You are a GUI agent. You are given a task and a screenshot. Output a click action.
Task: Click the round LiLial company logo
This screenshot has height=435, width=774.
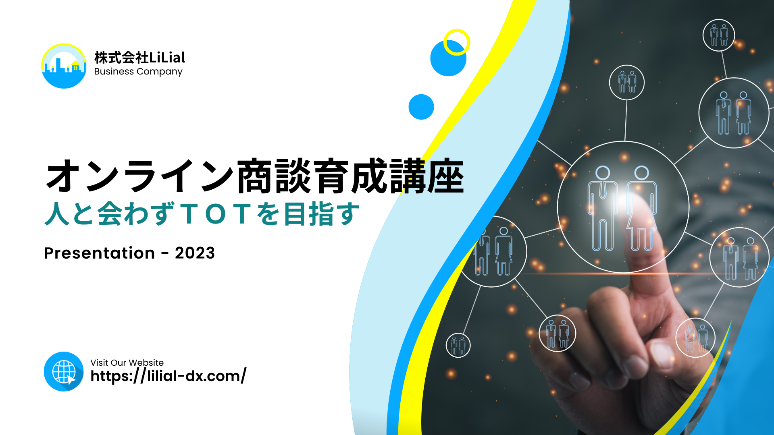(x=64, y=66)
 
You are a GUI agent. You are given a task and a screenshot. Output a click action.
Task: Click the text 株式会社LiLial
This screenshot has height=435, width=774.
(x=139, y=58)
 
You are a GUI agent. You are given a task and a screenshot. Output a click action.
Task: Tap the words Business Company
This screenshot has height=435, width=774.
(x=138, y=72)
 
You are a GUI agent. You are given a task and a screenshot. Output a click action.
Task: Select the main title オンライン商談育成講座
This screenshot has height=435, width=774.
(x=255, y=176)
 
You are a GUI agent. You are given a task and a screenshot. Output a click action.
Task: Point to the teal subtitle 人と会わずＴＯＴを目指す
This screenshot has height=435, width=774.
(x=202, y=213)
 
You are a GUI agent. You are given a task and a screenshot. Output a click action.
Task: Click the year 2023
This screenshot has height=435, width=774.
(x=195, y=253)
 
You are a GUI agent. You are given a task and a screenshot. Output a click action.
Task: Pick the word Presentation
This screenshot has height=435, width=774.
(x=100, y=253)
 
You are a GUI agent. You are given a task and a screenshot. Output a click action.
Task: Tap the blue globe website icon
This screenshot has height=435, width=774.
(x=64, y=371)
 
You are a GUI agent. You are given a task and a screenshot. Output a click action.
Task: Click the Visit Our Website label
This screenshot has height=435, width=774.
(x=127, y=362)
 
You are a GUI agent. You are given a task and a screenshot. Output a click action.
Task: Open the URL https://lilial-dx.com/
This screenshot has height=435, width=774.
(x=169, y=376)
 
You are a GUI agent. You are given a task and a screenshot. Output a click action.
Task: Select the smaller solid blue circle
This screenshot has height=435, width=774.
(x=421, y=107)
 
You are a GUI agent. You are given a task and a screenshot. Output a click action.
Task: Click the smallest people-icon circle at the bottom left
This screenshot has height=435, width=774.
(x=458, y=345)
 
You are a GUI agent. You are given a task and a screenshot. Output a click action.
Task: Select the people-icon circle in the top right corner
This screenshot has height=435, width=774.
(x=719, y=35)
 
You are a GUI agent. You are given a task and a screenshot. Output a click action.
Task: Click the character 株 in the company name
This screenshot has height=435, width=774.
(x=101, y=58)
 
